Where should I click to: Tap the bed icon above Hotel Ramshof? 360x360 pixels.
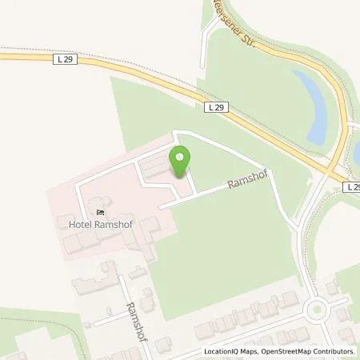(100, 212)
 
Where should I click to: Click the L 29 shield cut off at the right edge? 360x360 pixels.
(353, 186)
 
